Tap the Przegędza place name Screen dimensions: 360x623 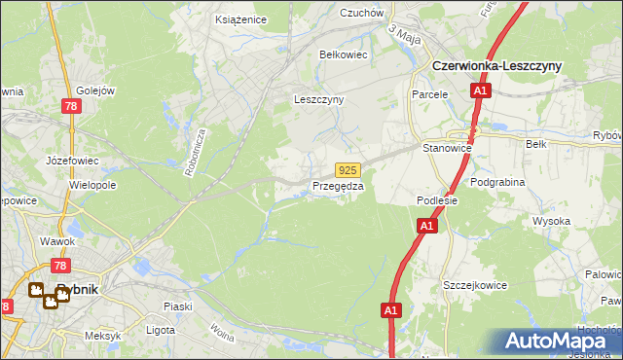tap(338, 186)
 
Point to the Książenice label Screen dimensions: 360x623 tap(240, 18)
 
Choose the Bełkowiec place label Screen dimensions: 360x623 tap(344, 54)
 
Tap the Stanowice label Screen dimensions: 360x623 tap(447, 148)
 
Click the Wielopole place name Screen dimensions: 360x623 tap(92, 184)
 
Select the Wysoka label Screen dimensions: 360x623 tap(551, 221)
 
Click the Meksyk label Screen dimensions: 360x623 tap(102, 336)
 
